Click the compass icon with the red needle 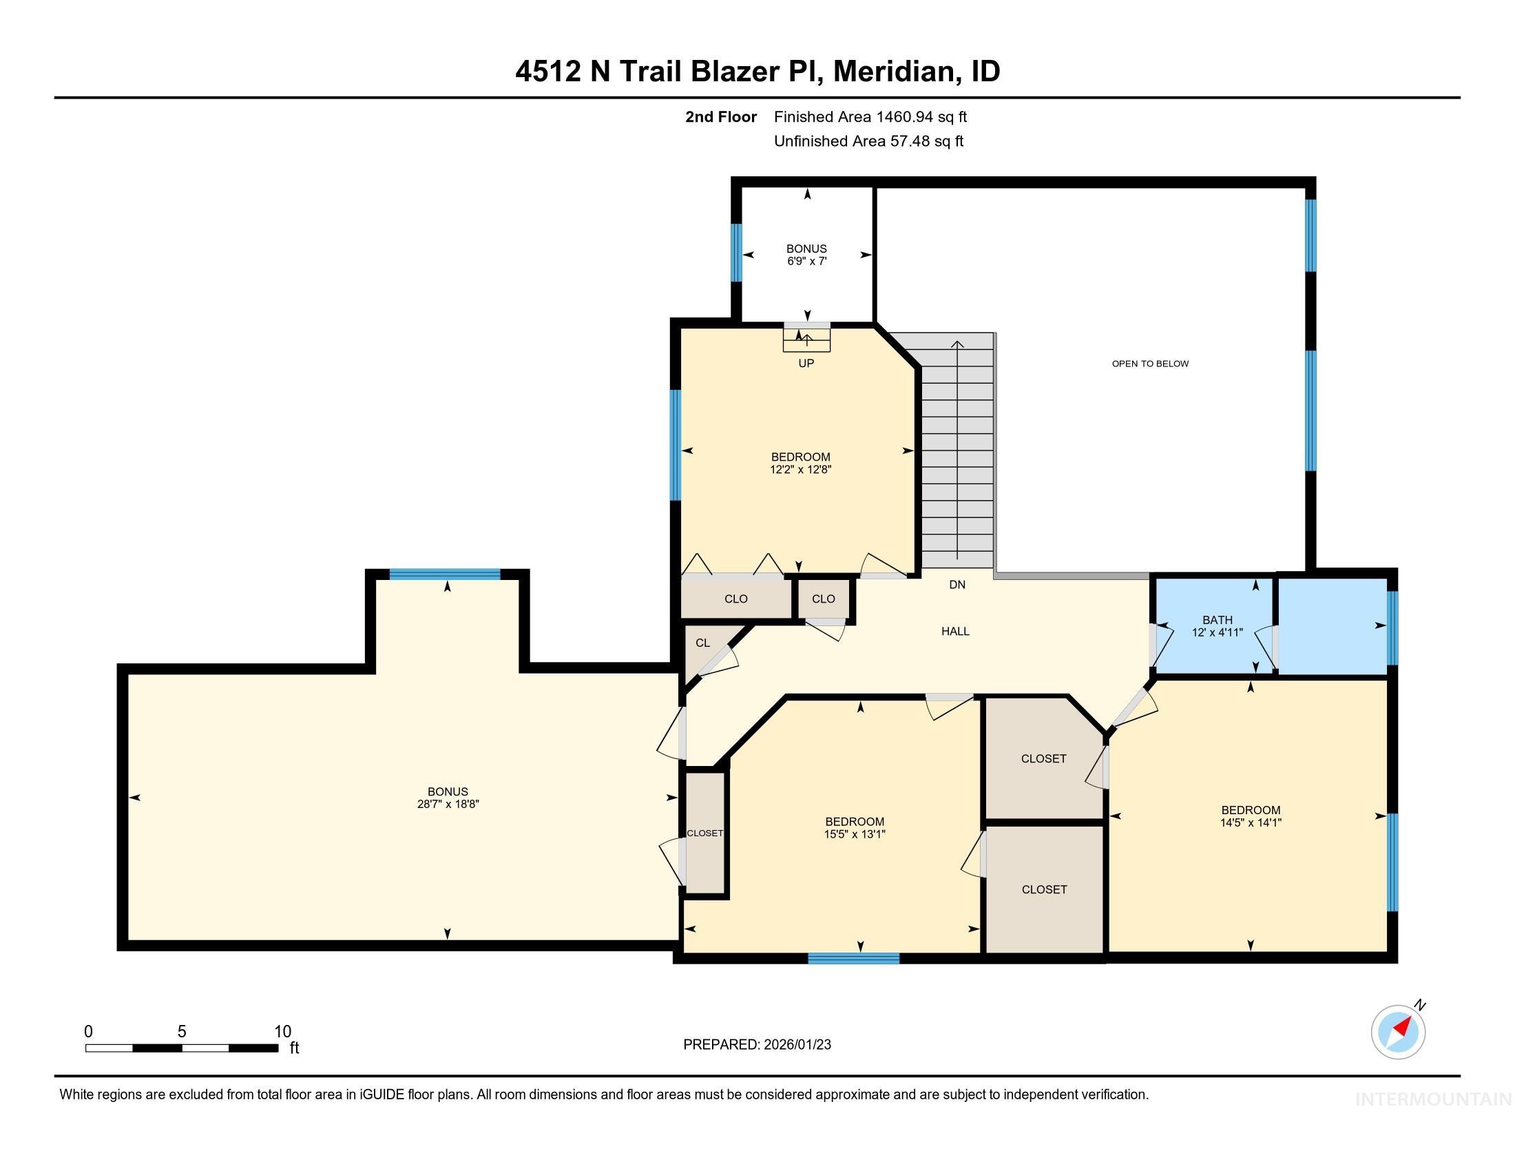click(x=1398, y=1032)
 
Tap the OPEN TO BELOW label click(x=1150, y=364)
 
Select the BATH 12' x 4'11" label click(x=1217, y=625)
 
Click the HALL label click(x=955, y=631)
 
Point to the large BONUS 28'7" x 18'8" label click(x=448, y=798)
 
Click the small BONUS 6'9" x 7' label click(x=806, y=255)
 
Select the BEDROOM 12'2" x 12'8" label click(x=800, y=463)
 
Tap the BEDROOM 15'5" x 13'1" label click(x=854, y=827)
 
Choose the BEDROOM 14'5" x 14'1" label click(x=1250, y=816)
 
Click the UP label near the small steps click(x=806, y=364)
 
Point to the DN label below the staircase click(x=957, y=585)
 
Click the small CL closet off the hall click(x=702, y=643)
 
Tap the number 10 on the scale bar click(x=282, y=1031)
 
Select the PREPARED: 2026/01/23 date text click(x=757, y=1045)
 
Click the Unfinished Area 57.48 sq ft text click(x=868, y=141)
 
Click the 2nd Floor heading click(x=720, y=117)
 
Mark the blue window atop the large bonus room click(x=444, y=574)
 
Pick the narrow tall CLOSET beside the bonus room click(x=704, y=833)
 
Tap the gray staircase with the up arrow click(x=957, y=451)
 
